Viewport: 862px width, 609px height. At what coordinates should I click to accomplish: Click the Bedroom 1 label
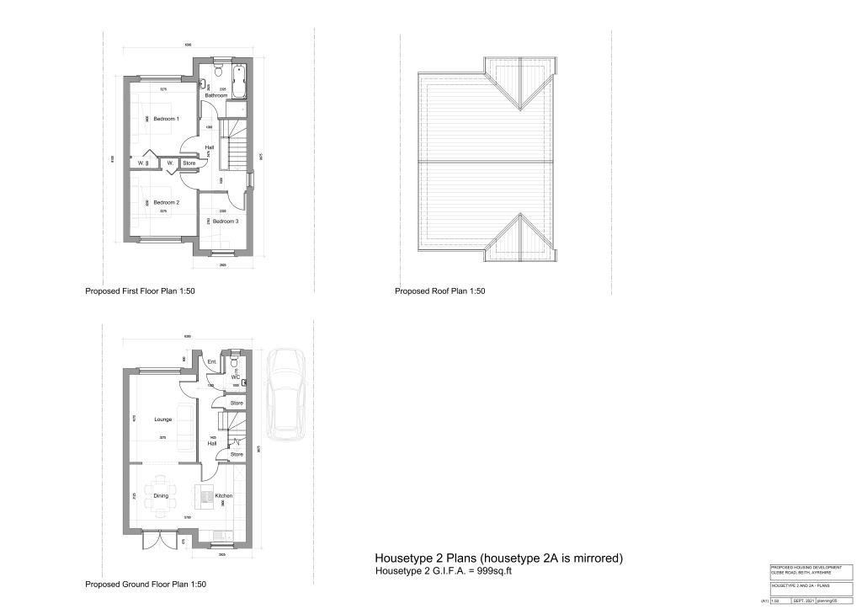tap(166, 119)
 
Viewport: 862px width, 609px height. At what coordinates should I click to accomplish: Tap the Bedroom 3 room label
tap(225, 221)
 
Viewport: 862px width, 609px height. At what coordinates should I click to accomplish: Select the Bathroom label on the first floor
tap(216, 95)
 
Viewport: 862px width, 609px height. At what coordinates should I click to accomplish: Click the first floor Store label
tap(189, 163)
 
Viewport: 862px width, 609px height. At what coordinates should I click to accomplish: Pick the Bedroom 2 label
tap(166, 203)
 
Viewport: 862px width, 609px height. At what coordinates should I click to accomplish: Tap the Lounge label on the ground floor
tap(163, 419)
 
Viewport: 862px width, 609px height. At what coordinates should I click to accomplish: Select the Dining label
tap(161, 496)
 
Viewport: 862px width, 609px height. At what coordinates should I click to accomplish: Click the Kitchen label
tap(223, 496)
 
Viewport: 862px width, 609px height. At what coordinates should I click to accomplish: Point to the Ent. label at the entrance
tap(212, 362)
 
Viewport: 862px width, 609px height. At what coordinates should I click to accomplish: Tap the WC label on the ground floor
tap(236, 377)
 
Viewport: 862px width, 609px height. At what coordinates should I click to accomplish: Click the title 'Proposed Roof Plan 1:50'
tap(440, 291)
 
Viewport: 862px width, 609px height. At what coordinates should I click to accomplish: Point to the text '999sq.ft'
tap(494, 571)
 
